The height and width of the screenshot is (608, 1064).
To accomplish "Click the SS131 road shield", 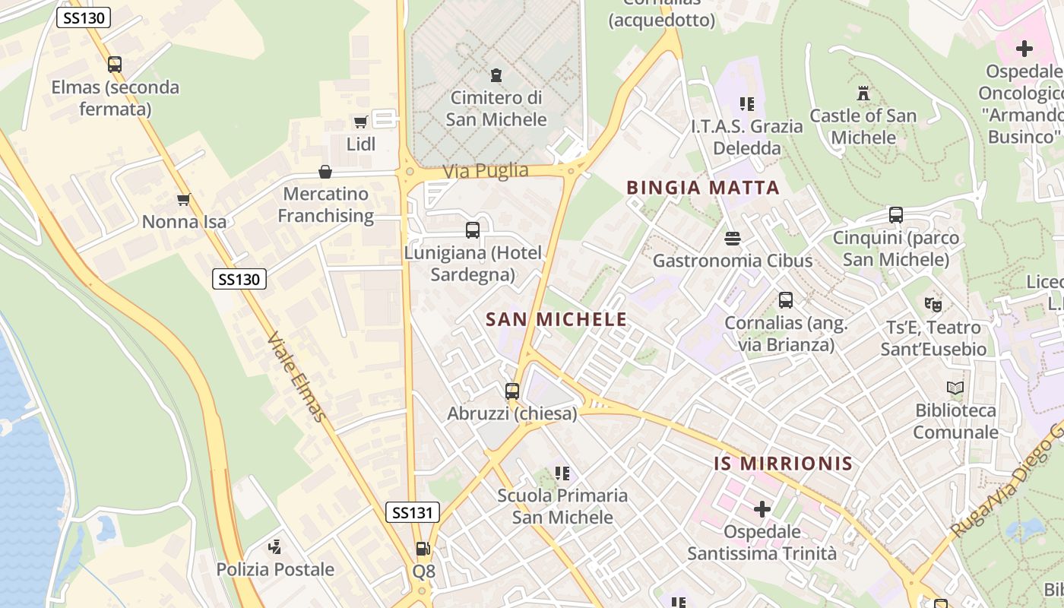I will click(413, 512).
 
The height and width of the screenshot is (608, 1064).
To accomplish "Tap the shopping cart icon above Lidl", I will click(361, 122).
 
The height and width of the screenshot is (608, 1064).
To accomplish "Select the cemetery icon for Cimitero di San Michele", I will click(496, 75).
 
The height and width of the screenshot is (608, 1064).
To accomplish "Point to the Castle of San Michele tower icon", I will click(863, 93).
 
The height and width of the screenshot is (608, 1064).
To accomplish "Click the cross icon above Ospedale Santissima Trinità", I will click(762, 508).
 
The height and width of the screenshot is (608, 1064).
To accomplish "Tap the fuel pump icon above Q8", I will click(423, 548).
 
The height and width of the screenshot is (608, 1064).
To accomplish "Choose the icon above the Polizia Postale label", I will click(275, 546).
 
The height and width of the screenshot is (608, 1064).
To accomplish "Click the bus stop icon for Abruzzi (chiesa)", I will click(512, 391).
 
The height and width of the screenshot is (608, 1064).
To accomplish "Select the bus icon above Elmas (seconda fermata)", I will click(115, 65).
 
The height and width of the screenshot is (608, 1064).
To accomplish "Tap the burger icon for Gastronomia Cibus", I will click(733, 239).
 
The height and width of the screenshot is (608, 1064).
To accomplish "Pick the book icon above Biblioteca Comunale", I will click(955, 388).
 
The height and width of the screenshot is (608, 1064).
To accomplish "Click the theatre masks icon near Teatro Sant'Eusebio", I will click(933, 305).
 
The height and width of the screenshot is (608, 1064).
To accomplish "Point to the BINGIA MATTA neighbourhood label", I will click(703, 188).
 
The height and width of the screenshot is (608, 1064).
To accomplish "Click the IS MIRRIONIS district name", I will click(783, 463).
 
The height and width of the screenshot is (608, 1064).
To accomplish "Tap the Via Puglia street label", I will click(486, 170).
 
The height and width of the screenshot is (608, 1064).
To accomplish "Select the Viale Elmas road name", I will click(298, 376).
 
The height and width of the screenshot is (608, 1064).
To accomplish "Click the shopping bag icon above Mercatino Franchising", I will click(325, 172).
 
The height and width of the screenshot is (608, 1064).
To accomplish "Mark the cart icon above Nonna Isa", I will click(183, 200).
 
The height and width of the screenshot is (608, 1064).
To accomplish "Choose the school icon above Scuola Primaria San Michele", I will click(562, 473).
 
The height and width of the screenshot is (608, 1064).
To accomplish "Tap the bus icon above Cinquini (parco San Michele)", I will click(896, 215).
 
